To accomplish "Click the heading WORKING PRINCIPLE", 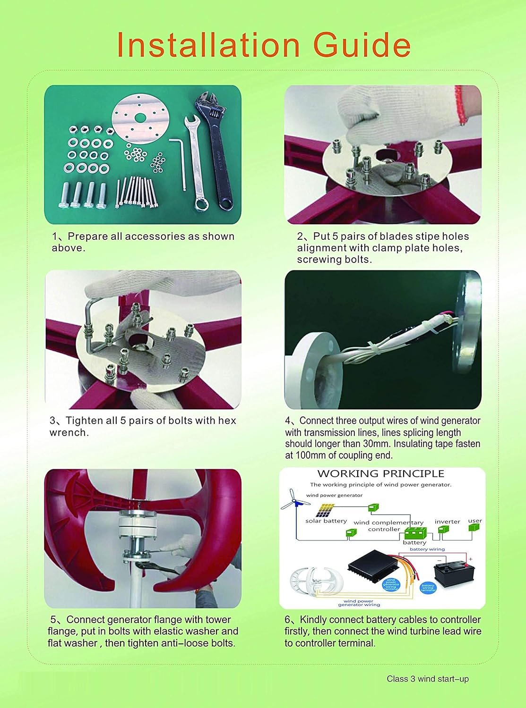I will tap(380, 473).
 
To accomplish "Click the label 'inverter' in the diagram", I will tap(447, 522).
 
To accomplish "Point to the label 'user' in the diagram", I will tap(474, 521).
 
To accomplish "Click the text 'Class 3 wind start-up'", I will tap(427, 679).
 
